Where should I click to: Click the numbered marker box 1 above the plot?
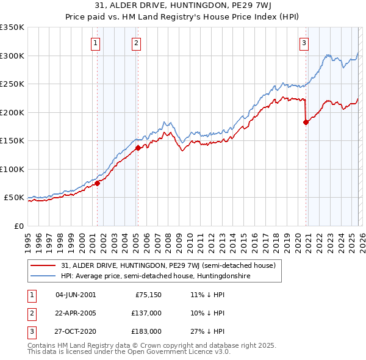[x=96, y=43]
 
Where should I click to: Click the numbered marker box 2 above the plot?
[x=135, y=43]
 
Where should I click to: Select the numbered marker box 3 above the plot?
[x=304, y=43]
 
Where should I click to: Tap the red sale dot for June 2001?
[x=97, y=183]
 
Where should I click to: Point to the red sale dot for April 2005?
[x=138, y=148]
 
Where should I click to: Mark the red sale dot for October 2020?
[x=306, y=122]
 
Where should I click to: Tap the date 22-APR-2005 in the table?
[x=76, y=312]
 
